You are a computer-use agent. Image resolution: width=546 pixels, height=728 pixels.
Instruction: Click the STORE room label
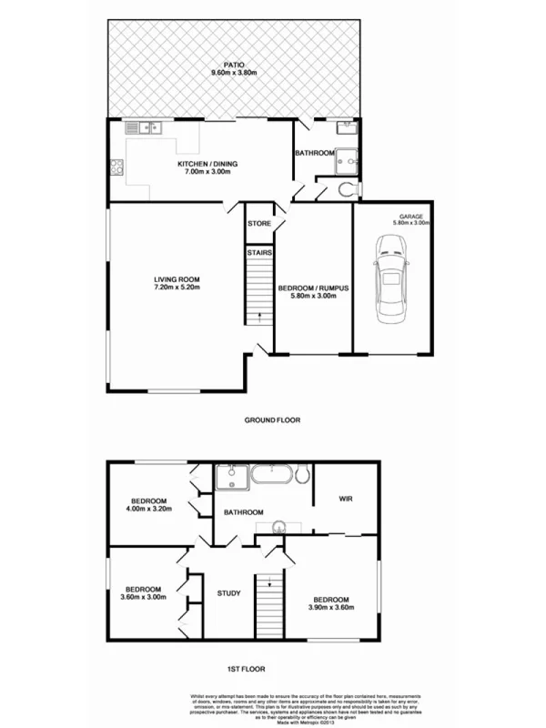pos(259,222)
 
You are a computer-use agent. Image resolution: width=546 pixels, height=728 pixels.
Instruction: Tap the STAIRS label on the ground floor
pos(259,252)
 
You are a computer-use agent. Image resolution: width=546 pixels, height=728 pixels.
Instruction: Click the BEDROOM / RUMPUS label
pos(313,288)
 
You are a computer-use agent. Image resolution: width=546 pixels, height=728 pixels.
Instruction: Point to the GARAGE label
pos(409,216)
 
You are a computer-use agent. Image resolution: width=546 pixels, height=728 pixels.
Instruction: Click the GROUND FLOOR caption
pos(272,420)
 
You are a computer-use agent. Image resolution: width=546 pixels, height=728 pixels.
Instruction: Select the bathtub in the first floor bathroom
pos(271,474)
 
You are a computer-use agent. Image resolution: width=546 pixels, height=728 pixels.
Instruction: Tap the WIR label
pos(345,499)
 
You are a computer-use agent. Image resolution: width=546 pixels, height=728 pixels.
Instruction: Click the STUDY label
pos(228,594)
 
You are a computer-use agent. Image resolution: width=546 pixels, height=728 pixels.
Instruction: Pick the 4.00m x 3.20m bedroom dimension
pos(147,511)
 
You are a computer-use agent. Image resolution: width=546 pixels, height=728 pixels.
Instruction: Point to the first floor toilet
pos(304,474)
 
